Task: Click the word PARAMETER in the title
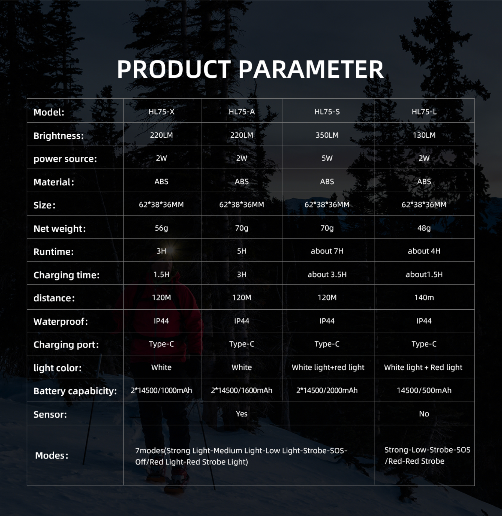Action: [311, 69]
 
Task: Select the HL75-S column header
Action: [327, 112]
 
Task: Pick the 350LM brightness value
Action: [327, 135]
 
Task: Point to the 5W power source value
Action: [327, 158]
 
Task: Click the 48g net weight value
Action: [424, 228]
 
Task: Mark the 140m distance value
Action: [424, 298]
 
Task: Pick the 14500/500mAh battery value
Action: [424, 390]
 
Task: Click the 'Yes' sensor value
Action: [242, 414]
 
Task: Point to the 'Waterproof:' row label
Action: [61, 322]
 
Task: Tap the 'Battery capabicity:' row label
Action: [75, 391]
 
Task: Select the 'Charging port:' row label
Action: [66, 345]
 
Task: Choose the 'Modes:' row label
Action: [52, 456]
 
